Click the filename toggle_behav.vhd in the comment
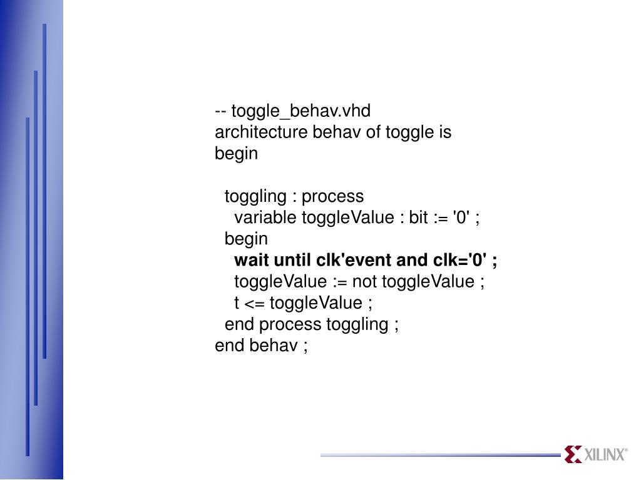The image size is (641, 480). click(300, 111)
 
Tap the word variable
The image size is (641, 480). click(266, 217)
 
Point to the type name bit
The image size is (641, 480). click(418, 217)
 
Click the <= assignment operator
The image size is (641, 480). click(254, 303)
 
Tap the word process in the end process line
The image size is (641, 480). click(290, 324)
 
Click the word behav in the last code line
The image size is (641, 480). click(274, 346)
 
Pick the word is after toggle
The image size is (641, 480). click(444, 132)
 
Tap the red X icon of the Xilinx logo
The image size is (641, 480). click(573, 454)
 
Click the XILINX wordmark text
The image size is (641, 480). click(605, 455)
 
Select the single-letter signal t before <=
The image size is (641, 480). click(237, 303)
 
